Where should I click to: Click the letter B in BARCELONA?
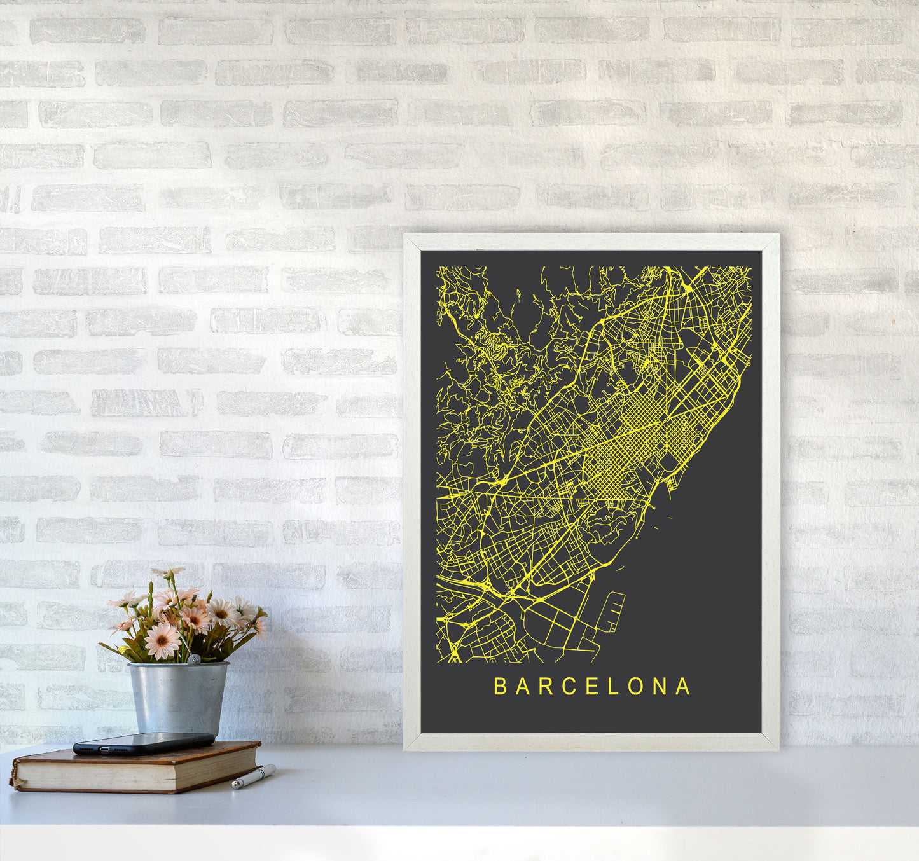click(x=500, y=687)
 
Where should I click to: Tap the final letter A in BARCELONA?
click(x=684, y=687)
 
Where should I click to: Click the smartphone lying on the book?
click(x=144, y=742)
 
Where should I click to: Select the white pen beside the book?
click(x=254, y=776)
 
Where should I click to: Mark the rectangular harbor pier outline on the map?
click(x=611, y=611)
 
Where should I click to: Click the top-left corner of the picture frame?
click(x=406, y=236)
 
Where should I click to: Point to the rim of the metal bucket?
click(x=178, y=665)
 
